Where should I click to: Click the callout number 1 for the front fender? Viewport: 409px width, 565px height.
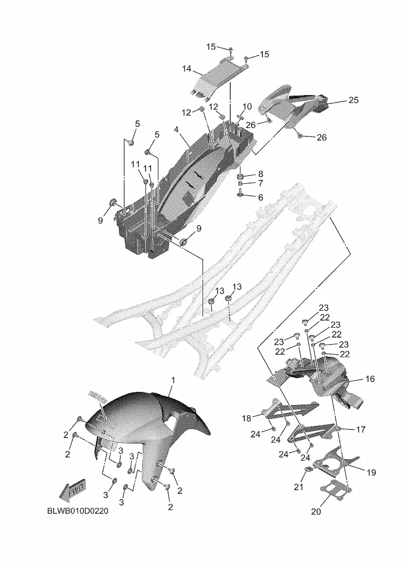pos(173,380)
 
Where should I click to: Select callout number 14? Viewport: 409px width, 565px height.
pos(186,70)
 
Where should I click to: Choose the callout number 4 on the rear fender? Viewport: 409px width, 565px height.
pos(175,129)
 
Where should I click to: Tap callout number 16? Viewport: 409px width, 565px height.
pos(370,379)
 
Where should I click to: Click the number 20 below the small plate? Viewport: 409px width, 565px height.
pos(316,512)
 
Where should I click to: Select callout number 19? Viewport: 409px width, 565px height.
pos(371,472)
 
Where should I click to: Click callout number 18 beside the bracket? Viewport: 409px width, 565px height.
pos(246,418)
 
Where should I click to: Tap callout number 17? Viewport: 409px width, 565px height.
pos(361,430)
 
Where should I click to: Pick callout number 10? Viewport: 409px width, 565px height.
pos(248,107)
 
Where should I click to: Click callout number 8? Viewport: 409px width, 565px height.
pos(260,174)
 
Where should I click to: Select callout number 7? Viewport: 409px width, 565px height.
pos(260,184)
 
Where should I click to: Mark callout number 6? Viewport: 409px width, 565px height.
pos(260,198)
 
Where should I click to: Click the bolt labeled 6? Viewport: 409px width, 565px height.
pos(240,194)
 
